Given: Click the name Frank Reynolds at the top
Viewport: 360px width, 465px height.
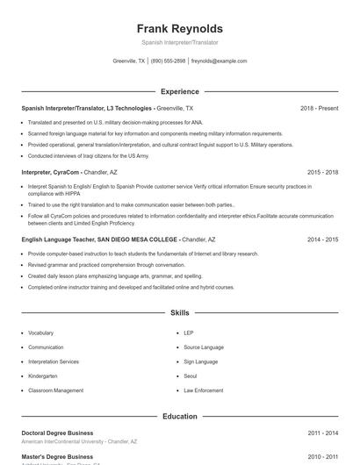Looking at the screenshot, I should pos(180,28).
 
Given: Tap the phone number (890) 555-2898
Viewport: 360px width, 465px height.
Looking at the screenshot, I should pos(169,61).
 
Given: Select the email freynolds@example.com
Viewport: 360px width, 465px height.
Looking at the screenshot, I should pos(219,61).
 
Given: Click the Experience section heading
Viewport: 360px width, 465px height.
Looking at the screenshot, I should pos(180,91).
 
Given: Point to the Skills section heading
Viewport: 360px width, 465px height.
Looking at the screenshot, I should pos(180,312).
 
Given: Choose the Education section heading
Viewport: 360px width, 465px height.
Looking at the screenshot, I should pos(180,416).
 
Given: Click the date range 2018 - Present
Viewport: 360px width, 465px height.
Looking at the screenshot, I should pos(319,108).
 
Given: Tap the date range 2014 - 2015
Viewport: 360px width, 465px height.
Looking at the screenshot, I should pos(322,239).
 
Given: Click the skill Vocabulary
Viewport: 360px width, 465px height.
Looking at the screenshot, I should pos(40,333).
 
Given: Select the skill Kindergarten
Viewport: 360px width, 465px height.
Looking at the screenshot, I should pos(43,376).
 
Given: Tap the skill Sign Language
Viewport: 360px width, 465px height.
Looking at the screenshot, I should pos(201,361).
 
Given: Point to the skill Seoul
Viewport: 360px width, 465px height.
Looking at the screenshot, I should pos(191,376).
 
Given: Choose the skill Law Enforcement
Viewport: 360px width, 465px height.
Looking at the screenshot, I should pos(204,390).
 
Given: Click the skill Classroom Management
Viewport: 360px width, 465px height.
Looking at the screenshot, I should pos(55,390).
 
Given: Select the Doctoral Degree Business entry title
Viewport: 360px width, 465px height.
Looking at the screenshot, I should pos(57,433).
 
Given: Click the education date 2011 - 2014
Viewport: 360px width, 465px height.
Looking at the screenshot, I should pos(322,433).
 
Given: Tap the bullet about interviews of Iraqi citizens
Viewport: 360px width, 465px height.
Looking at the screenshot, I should pos(89,155).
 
